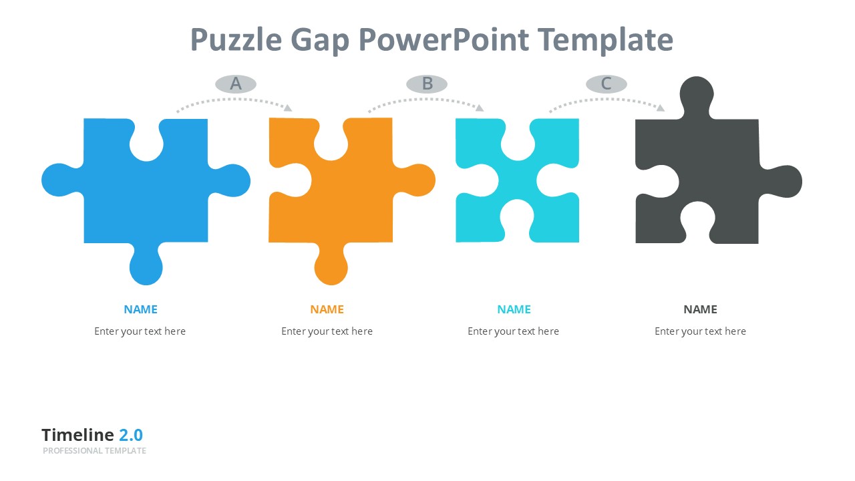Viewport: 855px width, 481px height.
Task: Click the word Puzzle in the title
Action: tap(236, 41)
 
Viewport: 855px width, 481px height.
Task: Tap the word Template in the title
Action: tap(606, 39)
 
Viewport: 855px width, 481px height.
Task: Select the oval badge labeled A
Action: tap(236, 84)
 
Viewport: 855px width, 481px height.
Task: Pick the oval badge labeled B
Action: tap(427, 84)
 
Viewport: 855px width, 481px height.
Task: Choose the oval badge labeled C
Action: tap(607, 84)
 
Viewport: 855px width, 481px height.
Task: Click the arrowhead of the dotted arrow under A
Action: tap(288, 108)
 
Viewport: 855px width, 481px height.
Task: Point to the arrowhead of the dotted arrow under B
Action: tap(480, 108)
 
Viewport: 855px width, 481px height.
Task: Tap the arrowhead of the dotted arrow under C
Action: tap(661, 108)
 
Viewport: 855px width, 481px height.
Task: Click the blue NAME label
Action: tap(140, 309)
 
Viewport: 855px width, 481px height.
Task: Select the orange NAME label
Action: tap(327, 309)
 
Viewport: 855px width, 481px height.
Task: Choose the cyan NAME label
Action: tap(514, 309)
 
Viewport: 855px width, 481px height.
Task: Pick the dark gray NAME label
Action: tap(701, 309)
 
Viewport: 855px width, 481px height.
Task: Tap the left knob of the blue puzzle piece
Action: tap(61, 180)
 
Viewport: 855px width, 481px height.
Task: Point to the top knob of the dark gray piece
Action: tap(697, 96)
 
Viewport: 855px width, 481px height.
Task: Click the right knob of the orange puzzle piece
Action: tap(416, 180)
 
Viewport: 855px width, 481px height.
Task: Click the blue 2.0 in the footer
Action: tap(131, 435)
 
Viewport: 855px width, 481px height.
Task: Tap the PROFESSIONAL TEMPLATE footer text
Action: tap(94, 451)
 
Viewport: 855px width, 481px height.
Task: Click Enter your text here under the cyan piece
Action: tap(514, 331)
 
